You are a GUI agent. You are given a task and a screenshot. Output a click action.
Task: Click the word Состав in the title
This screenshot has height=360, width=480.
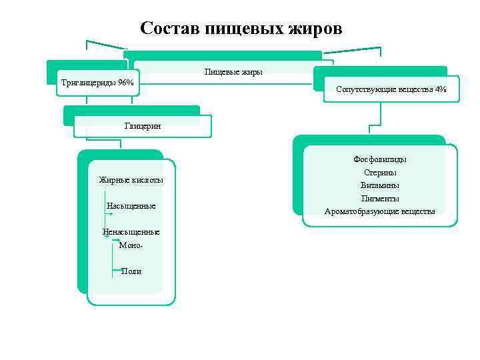(x=170, y=29)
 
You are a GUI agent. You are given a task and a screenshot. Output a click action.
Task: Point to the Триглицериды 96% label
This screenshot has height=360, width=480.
(x=97, y=83)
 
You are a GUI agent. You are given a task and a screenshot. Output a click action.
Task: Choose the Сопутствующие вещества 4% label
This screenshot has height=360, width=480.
(x=391, y=89)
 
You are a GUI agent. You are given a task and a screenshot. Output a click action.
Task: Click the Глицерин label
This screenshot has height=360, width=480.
(x=142, y=125)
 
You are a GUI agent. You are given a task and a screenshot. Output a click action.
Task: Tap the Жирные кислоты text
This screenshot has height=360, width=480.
(x=131, y=180)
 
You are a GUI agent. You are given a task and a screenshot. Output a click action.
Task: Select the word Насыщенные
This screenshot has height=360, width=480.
(x=131, y=206)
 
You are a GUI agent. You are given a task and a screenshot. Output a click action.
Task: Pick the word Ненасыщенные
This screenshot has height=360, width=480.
(x=131, y=232)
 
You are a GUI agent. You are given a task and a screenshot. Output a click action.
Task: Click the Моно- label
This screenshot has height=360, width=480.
(x=131, y=245)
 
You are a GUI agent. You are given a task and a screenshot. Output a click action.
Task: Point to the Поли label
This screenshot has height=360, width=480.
(x=131, y=271)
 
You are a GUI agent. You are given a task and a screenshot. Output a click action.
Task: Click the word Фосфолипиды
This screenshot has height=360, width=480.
(x=380, y=159)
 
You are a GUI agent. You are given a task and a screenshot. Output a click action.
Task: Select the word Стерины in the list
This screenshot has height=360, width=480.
(x=380, y=172)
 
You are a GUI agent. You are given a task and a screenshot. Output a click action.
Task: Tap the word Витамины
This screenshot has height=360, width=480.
(x=380, y=185)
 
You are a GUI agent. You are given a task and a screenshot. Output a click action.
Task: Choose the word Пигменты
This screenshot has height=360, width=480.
(x=380, y=198)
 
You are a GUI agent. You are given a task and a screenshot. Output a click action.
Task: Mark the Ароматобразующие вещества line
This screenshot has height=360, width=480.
(x=380, y=211)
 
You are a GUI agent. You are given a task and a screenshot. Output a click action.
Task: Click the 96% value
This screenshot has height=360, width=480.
(x=125, y=83)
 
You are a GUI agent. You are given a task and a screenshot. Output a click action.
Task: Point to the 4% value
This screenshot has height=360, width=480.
(x=440, y=89)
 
